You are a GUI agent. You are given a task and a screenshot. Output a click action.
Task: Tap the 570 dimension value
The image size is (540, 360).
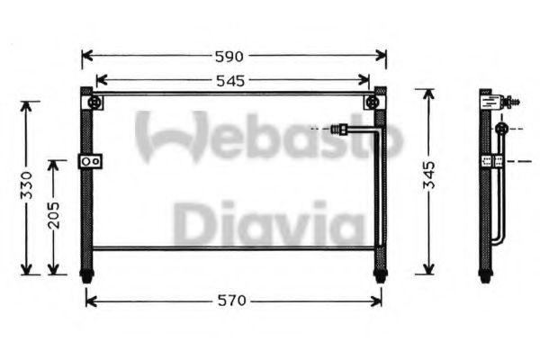pyautogui.click(x=232, y=301)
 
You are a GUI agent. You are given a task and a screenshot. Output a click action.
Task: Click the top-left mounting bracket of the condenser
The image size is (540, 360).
pyautogui.click(x=94, y=103)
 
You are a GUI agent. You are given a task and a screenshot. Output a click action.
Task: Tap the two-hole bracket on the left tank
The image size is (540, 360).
pyautogui.click(x=90, y=161)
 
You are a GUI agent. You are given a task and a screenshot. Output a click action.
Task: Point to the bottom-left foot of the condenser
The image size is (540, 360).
pyautogui.click(x=86, y=275)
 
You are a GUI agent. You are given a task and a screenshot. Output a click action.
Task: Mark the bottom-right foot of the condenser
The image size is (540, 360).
pyautogui.click(x=380, y=275)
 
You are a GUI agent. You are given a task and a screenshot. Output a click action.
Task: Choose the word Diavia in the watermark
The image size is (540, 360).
pyautogui.click(x=266, y=222)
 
